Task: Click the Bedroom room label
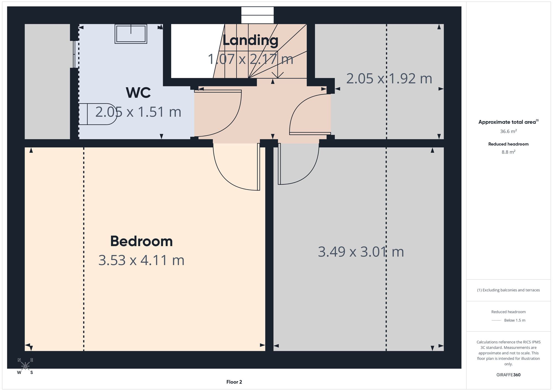(x=141, y=241)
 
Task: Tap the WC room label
(x=138, y=93)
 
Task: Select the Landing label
(x=250, y=41)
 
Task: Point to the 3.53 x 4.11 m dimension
(x=141, y=260)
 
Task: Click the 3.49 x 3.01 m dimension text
(x=361, y=252)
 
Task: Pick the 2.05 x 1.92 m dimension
(x=389, y=79)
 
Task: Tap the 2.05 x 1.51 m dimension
(x=138, y=112)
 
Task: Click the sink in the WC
(x=131, y=34)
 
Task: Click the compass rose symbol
(x=25, y=366)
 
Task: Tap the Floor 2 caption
(x=234, y=382)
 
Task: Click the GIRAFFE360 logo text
(x=508, y=375)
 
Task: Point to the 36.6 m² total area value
(x=508, y=131)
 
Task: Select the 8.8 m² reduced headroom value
(x=508, y=152)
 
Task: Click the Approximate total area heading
(x=508, y=122)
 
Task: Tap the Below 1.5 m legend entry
(x=515, y=320)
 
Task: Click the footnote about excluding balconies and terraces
(x=508, y=290)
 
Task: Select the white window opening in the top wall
(x=257, y=15)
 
